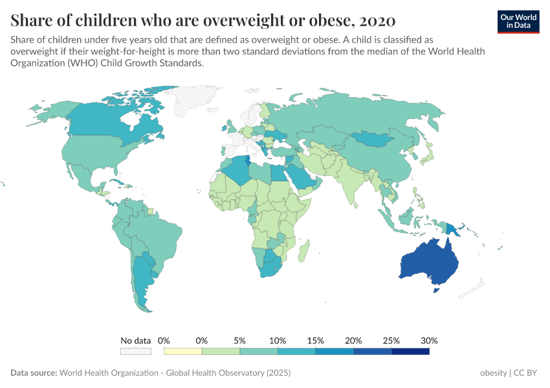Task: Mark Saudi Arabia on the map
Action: pos(302,175)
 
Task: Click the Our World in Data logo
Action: pos(518,21)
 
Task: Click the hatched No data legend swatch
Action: pos(135,351)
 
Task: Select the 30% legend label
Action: pos(429,340)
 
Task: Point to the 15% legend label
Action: pos(315,340)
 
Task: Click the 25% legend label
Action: pos(391,340)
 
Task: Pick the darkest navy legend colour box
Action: pos(410,351)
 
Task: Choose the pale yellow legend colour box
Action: pos(183,351)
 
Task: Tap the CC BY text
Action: pos(527,373)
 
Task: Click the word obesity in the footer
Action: pos(493,373)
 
